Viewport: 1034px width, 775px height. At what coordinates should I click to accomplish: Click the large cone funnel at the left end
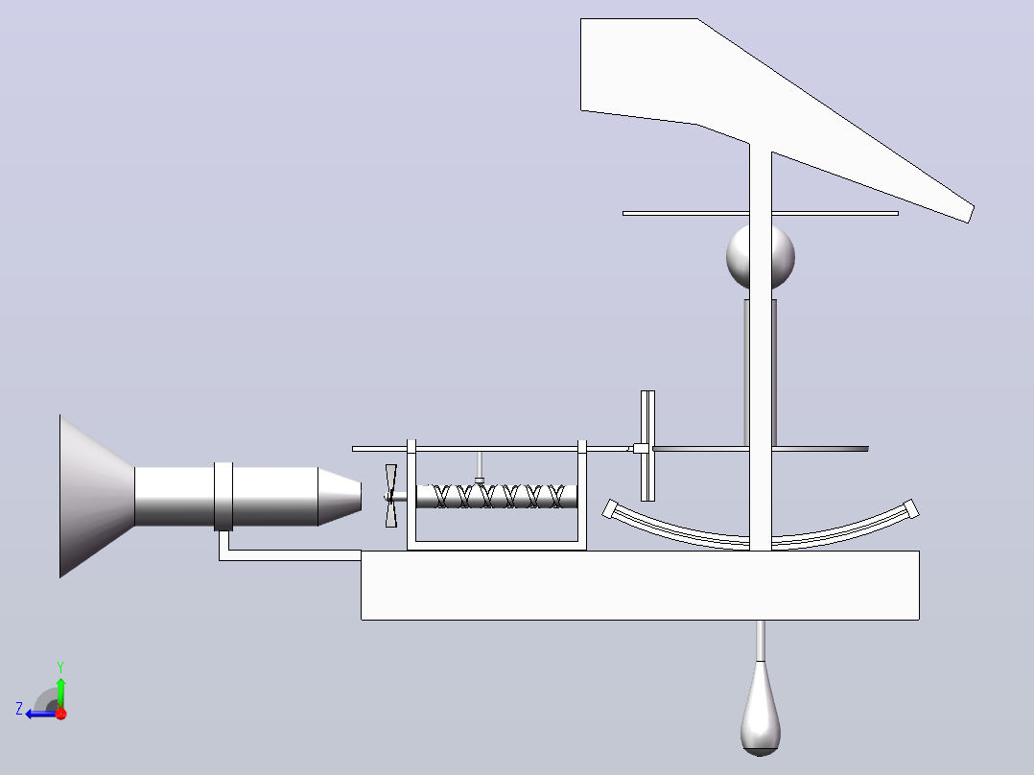click(96, 496)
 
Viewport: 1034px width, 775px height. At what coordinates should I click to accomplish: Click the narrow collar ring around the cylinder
click(223, 497)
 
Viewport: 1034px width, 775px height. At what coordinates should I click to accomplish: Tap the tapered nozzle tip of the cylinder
click(340, 497)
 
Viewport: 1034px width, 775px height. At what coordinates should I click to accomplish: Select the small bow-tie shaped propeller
click(391, 496)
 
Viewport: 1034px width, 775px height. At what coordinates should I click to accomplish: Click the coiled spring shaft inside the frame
click(497, 496)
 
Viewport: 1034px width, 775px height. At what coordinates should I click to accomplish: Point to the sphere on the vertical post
click(761, 257)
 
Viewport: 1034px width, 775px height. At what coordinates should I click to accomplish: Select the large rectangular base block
click(640, 585)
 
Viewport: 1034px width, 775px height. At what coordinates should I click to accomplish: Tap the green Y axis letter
click(60, 667)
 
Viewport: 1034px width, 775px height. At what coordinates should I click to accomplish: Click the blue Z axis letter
click(19, 709)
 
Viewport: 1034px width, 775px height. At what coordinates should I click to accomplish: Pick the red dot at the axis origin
click(61, 714)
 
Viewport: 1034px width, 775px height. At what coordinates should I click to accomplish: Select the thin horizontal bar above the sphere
click(761, 213)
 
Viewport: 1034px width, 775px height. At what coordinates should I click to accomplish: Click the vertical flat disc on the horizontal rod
click(647, 446)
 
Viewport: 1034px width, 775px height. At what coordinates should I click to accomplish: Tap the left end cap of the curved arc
click(610, 508)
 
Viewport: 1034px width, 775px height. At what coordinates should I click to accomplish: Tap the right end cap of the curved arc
click(911, 508)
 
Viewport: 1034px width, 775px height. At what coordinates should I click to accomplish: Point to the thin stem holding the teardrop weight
click(761, 641)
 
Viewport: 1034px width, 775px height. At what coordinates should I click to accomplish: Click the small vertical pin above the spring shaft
click(480, 468)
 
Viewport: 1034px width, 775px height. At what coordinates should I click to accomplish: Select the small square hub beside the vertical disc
click(639, 449)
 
